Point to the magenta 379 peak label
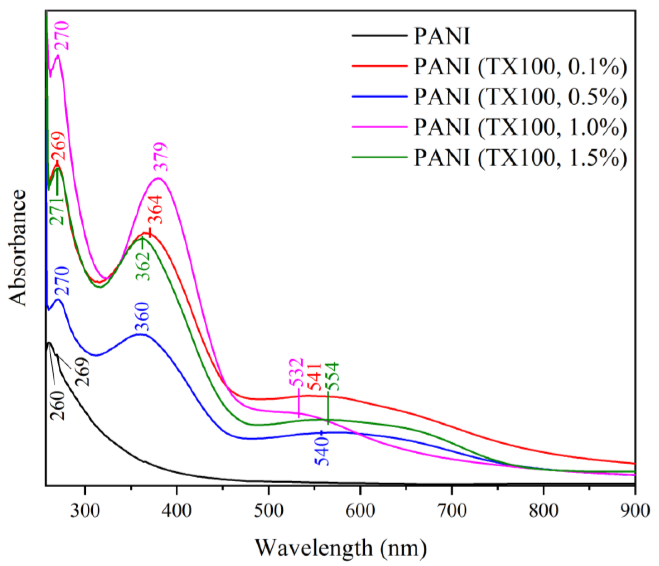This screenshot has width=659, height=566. (x=161, y=157)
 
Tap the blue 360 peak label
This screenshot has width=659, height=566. (x=142, y=316)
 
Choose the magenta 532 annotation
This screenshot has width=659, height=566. (x=296, y=372)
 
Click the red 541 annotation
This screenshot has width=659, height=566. (x=315, y=377)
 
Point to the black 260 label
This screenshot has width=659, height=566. (x=58, y=405)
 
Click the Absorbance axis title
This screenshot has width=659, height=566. (x=17, y=248)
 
